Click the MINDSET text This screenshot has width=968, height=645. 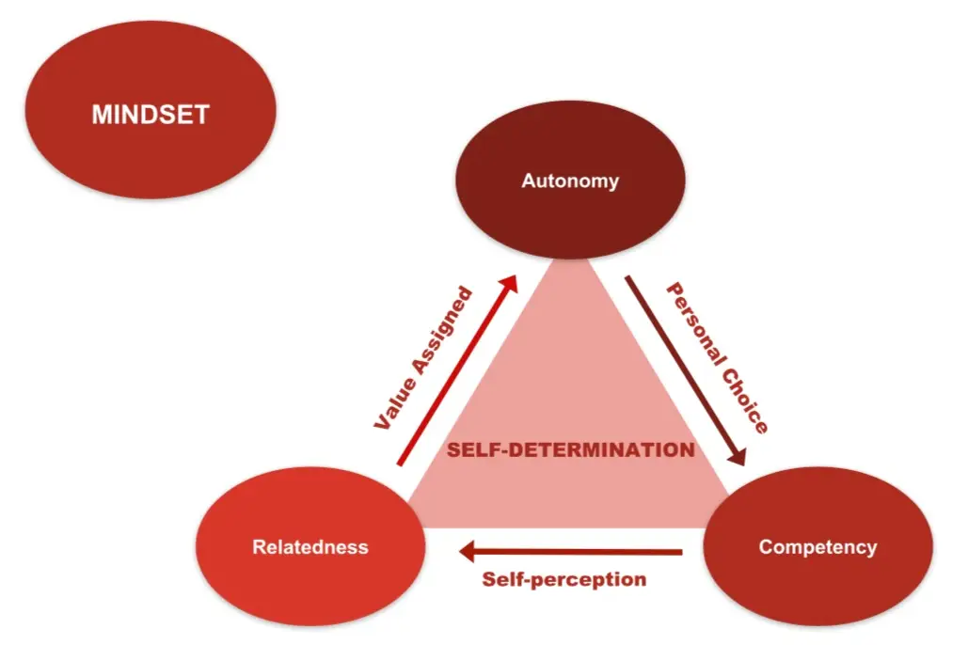click(151, 115)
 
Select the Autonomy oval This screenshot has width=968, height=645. click(570, 150)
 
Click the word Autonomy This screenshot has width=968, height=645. click(570, 181)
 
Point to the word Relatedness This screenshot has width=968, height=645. click(309, 547)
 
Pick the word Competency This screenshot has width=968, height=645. click(817, 547)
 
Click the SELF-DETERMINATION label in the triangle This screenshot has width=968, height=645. click(570, 449)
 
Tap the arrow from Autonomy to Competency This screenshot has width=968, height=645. click(685, 370)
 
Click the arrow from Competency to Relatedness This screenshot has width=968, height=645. click(574, 552)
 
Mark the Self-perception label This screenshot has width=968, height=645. click(564, 579)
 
